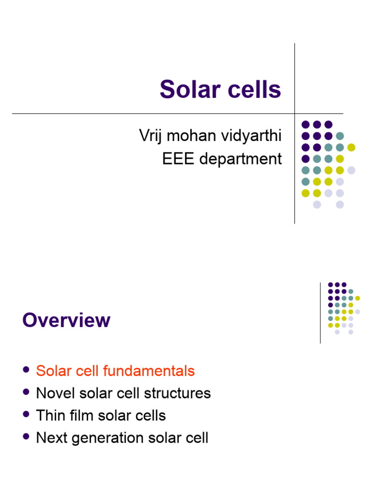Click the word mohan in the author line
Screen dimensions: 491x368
(187, 136)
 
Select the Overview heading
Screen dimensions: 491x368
(66, 320)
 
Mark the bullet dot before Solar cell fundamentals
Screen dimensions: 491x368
(26, 371)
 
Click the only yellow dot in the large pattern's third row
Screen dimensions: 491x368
(351, 147)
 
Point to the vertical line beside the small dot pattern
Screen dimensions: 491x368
(320, 313)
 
